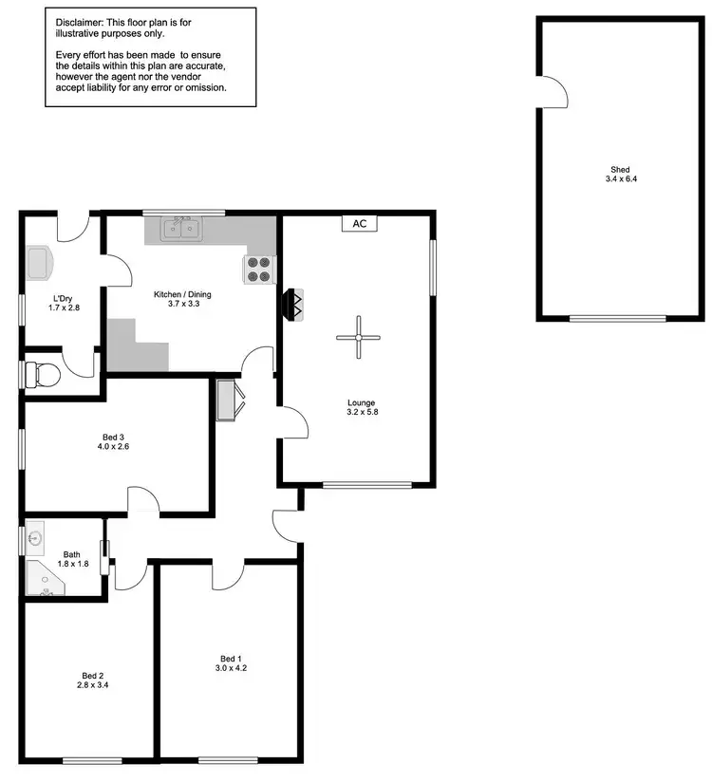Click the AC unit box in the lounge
click(x=359, y=224)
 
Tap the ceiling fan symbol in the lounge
click(x=359, y=337)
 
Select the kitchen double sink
click(x=180, y=229)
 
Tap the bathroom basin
click(x=36, y=538)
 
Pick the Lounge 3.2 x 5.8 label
click(x=361, y=407)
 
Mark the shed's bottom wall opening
click(x=617, y=319)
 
